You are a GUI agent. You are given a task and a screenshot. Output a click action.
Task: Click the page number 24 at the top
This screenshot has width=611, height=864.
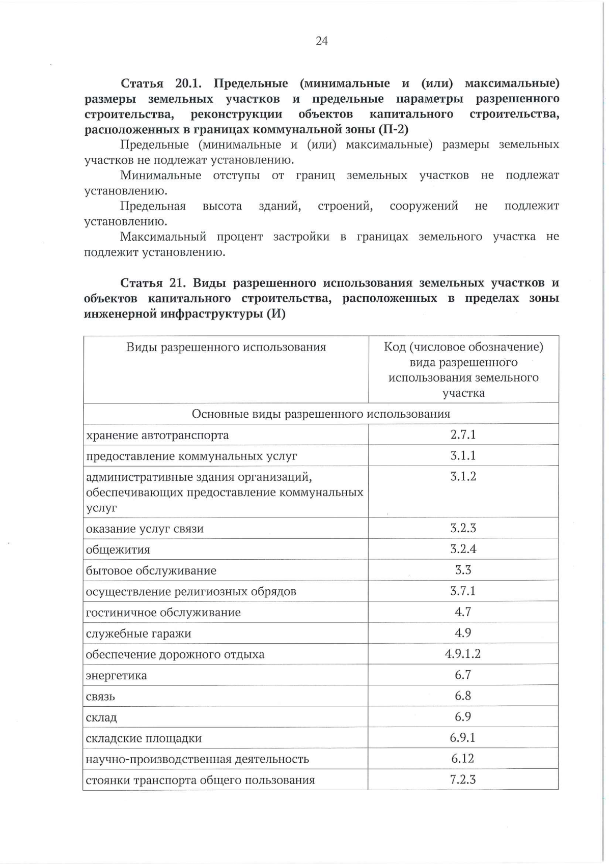click(322, 41)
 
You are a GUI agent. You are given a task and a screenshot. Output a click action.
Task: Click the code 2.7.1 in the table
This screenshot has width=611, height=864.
click(463, 435)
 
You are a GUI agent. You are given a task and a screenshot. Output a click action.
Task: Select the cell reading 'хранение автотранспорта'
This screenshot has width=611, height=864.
click(157, 436)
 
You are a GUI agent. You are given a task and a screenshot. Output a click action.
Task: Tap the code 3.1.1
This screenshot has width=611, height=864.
click(463, 455)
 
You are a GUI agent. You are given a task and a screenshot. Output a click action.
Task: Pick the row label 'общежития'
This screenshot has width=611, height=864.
click(118, 550)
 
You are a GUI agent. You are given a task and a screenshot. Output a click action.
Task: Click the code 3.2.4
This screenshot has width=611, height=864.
click(463, 549)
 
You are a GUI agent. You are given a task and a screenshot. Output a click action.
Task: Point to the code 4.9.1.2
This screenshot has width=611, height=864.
click(463, 654)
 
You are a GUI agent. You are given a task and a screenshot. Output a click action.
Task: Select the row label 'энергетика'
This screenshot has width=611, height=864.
click(117, 675)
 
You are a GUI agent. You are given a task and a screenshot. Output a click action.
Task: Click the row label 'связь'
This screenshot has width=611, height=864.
click(101, 697)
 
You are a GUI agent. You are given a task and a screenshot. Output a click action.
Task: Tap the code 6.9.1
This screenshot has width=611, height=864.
click(463, 737)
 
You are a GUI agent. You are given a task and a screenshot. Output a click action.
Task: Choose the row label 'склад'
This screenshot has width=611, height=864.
click(102, 717)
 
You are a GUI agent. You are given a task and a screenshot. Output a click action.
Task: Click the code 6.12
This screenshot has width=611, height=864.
click(463, 759)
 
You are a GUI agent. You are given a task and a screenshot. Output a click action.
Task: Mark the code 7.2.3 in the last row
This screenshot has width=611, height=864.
click(463, 780)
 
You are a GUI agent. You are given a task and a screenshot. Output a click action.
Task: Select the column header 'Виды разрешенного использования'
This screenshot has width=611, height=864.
click(226, 348)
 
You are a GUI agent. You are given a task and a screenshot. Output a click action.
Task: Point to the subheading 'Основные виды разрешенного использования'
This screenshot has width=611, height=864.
click(321, 414)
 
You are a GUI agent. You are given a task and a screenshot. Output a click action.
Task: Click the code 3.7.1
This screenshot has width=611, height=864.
click(463, 591)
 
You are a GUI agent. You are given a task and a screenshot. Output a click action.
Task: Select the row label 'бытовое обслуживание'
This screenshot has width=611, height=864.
click(151, 571)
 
